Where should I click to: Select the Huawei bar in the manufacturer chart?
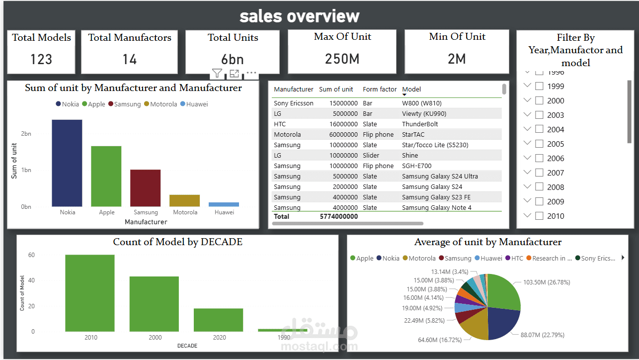[x=224, y=204]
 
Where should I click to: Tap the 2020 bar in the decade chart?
[x=219, y=320]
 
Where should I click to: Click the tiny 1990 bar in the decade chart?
[x=283, y=330]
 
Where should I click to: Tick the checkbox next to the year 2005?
[x=539, y=144]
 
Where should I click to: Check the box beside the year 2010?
[x=539, y=216]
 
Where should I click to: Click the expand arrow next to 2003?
[x=528, y=115]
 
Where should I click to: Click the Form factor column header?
[x=380, y=90]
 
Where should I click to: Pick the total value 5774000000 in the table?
[x=338, y=216]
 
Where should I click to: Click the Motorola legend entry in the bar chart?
[x=160, y=104]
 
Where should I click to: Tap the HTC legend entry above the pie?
[x=517, y=258]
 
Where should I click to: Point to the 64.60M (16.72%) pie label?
[x=440, y=340]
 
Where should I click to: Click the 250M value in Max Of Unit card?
[x=342, y=59]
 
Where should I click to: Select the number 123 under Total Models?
[x=41, y=59]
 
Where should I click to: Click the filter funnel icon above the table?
[x=217, y=74]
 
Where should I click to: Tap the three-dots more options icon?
[x=251, y=73]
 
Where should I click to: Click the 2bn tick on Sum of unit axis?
[x=26, y=134]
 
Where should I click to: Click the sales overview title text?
[x=299, y=16]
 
